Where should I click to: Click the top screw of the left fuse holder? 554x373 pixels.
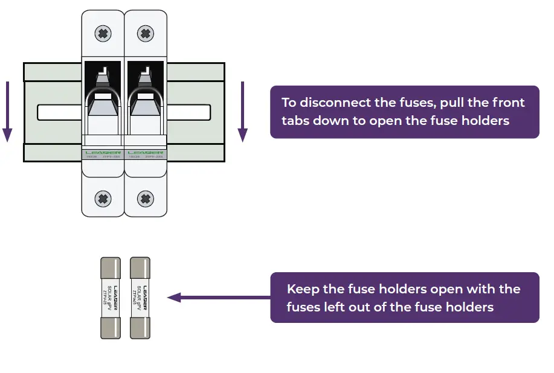103,33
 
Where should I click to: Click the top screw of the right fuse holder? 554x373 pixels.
144,33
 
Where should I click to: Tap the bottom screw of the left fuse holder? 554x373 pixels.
103,197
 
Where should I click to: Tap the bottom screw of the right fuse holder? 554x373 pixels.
144,197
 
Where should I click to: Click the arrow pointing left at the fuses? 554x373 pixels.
217,298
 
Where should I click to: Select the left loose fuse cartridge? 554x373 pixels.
109,298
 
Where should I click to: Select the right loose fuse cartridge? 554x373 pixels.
140,298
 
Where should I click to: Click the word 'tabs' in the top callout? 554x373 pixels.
295,120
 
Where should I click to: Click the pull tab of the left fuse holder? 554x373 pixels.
103,106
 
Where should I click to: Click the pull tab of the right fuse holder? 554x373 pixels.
145,106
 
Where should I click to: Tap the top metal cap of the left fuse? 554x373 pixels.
109,267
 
